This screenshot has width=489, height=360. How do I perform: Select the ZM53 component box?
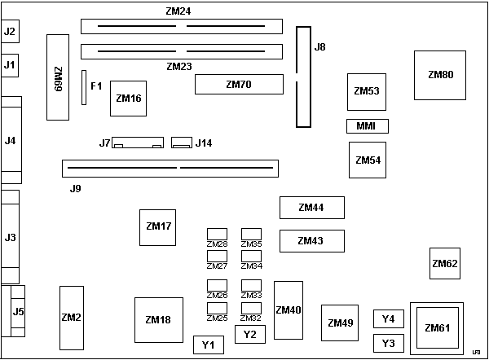coord(367,91)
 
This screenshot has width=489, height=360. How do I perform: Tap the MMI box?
coord(367,126)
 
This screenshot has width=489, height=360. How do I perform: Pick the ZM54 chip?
coord(368,160)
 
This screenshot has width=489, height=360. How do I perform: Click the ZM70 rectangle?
coord(238,85)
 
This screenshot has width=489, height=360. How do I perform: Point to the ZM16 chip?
coord(129,99)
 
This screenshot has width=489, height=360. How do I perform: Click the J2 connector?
coord(11,32)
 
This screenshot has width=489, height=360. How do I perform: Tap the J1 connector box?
coord(11,64)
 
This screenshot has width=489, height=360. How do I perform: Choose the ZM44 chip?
coord(311,208)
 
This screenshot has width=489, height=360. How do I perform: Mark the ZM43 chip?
coord(311,241)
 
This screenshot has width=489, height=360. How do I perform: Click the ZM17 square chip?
coord(158,226)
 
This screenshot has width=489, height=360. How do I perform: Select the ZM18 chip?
coord(158,320)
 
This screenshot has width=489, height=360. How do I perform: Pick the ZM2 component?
coord(72,317)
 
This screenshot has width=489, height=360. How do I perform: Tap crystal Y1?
coord(209,345)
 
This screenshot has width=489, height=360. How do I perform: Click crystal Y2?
coord(249,334)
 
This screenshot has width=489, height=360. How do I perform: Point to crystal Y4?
coord(388,318)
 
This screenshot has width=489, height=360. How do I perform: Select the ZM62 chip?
coord(445,263)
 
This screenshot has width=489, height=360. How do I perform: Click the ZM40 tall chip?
coord(289,310)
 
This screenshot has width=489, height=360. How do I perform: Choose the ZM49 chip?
coord(341,323)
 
